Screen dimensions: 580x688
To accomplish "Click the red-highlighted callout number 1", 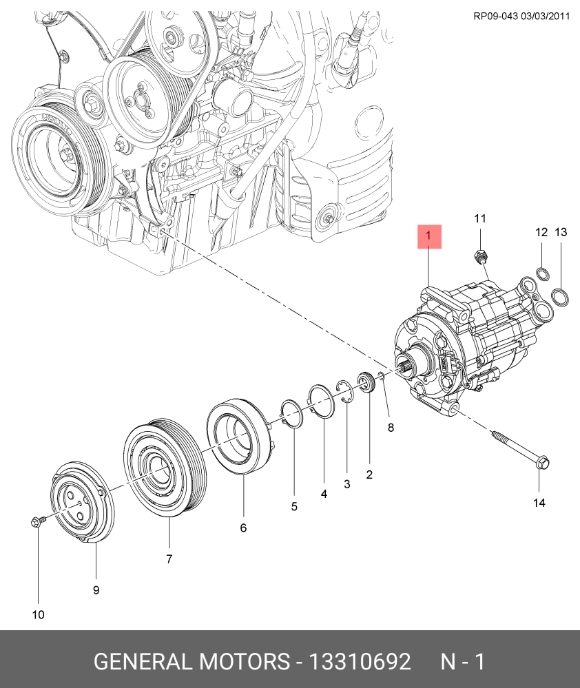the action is [429, 236].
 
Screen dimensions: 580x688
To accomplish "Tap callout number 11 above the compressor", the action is [480, 218].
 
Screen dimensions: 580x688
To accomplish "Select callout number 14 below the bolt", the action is [539, 503].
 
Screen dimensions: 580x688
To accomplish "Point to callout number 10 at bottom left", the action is [38, 615].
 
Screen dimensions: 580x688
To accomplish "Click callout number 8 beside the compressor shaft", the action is [391, 428].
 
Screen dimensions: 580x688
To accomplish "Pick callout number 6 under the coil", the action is [243, 528].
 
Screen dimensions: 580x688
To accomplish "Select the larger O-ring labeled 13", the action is [561, 297].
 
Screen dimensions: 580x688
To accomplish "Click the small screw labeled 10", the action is [37, 522].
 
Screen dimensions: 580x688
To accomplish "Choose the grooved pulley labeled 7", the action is [165, 468].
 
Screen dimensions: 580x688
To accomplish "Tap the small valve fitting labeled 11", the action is [479, 256].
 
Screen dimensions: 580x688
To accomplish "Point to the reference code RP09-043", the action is [495, 17].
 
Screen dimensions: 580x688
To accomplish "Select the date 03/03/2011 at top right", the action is [546, 17].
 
